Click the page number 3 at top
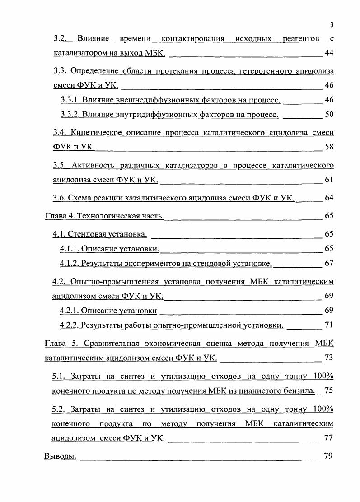pyautogui.click(x=332, y=24)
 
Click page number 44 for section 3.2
pyautogui.click(x=329, y=53)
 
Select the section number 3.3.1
pyautogui.click(x=70, y=100)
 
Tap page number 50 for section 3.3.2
pyautogui.click(x=329, y=114)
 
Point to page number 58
pyautogui.click(x=329, y=147)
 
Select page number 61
pyautogui.click(x=329, y=180)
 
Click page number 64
pyautogui.click(x=329, y=198)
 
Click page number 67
pyautogui.click(x=329, y=263)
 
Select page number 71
pyautogui.click(x=329, y=325)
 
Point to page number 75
pyautogui.click(x=329, y=391)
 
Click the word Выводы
pyautogui.click(x=60, y=456)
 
